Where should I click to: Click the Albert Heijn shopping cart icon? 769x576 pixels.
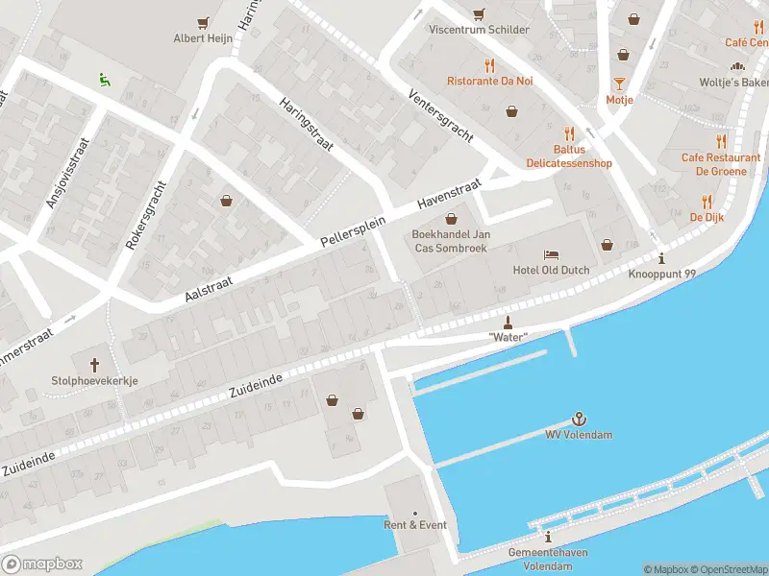click(x=203, y=22)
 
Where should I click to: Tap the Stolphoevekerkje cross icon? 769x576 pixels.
click(x=95, y=364)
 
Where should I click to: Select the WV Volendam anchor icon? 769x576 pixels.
click(x=579, y=419)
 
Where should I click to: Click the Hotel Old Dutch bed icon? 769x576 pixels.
click(x=551, y=254)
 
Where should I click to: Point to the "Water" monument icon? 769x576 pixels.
click(x=509, y=321)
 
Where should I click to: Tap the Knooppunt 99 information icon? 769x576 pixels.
click(x=661, y=258)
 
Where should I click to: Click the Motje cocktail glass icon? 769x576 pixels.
click(x=619, y=84)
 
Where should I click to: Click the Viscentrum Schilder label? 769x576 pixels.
click(x=479, y=30)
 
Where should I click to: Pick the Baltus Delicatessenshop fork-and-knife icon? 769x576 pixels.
click(x=569, y=133)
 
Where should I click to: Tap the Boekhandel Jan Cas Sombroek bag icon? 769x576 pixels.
click(x=450, y=219)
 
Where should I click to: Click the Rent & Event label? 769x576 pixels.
click(x=415, y=525)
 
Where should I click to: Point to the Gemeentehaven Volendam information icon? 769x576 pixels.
click(x=548, y=537)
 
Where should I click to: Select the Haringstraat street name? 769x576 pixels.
click(x=306, y=125)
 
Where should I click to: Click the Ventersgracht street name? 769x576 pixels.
click(x=440, y=118)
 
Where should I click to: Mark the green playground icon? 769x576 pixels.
click(x=104, y=80)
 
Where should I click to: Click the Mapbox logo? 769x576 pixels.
click(x=42, y=564)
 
